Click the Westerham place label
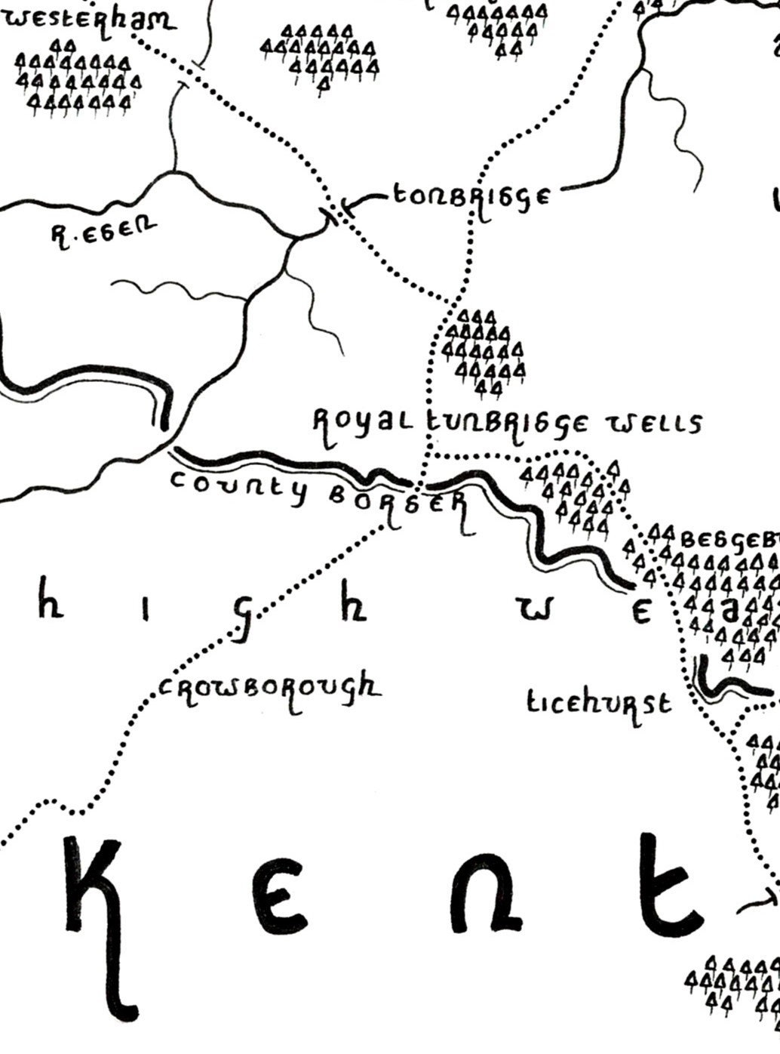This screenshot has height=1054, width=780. click(89, 18)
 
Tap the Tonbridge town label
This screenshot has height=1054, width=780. click(471, 196)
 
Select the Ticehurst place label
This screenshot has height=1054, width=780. click(598, 704)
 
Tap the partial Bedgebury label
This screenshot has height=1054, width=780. click(729, 540)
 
